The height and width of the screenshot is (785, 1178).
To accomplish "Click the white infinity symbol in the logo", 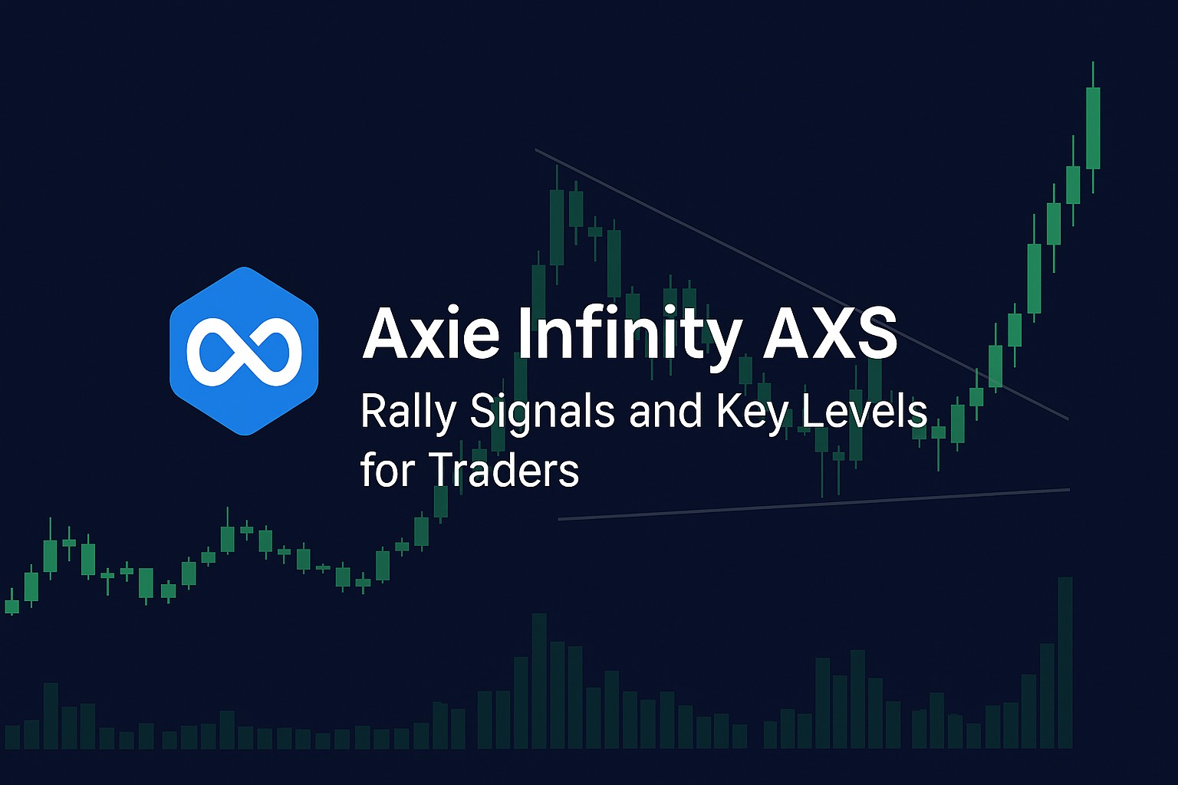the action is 245,351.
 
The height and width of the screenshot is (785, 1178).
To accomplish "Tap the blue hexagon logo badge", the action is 244,351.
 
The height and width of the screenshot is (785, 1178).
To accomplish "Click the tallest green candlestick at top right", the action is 1093,128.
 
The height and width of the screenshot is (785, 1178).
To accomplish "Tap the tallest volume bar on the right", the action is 1065,662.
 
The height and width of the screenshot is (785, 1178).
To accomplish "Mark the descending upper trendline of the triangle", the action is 802,284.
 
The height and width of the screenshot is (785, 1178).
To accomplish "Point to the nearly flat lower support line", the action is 814,504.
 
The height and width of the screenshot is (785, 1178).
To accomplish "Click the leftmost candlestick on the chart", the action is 12,605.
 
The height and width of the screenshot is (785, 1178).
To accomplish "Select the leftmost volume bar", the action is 12,737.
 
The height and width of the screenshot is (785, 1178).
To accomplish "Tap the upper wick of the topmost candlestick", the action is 1093,74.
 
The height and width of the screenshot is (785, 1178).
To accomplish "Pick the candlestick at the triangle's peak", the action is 556,225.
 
